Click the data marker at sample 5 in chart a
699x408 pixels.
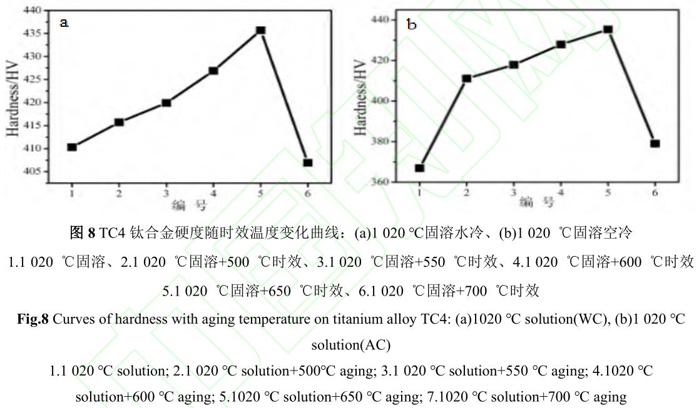click(x=260, y=30)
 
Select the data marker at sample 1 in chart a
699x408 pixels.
click(x=72, y=147)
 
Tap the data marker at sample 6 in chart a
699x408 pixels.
click(x=307, y=163)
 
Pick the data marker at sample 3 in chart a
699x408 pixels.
click(x=166, y=102)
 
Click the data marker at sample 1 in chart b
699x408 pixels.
click(x=419, y=168)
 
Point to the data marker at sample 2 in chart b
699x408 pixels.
click(x=466, y=79)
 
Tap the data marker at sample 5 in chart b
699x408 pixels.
click(x=608, y=29)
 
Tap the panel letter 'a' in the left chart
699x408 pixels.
click(x=63, y=23)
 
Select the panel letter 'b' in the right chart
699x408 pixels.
click(x=412, y=25)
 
